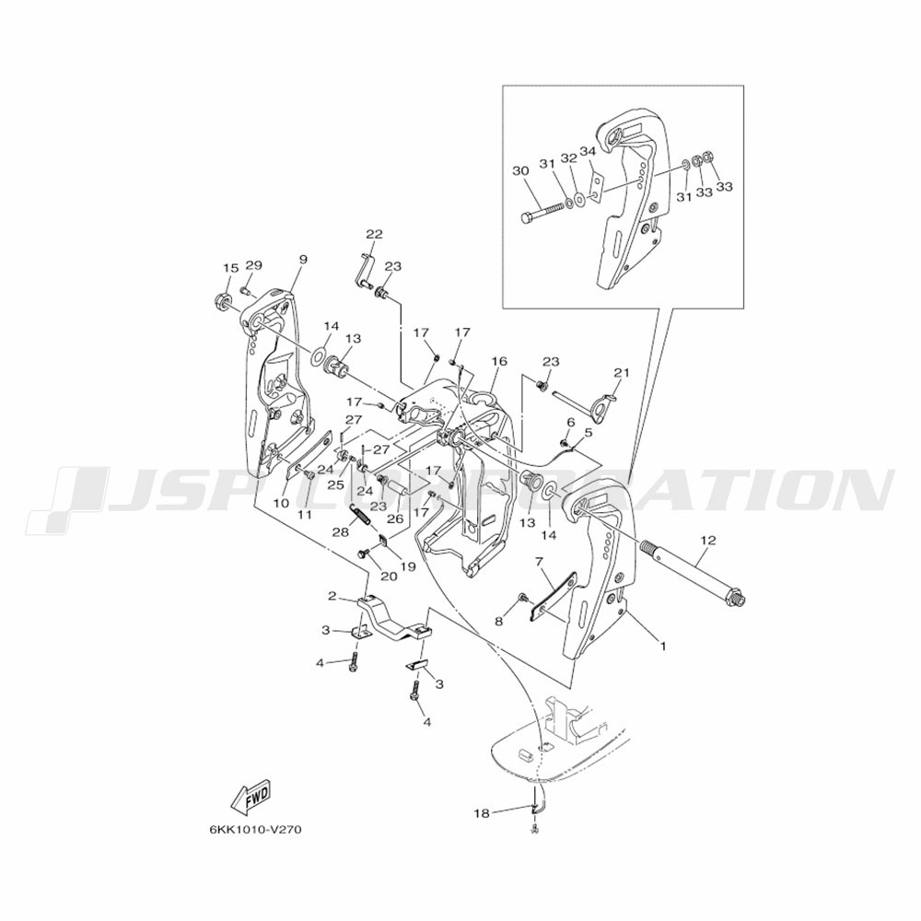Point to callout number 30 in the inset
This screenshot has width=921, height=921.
tap(519, 171)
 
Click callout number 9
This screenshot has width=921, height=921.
tap(303, 260)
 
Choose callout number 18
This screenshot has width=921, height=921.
tap(482, 813)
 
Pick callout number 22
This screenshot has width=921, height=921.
tap(373, 234)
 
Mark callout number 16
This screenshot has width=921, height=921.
tap(499, 362)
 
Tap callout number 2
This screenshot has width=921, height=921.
tap(331, 597)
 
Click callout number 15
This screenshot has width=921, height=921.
tap(229, 268)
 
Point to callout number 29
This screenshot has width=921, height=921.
tap(253, 265)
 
